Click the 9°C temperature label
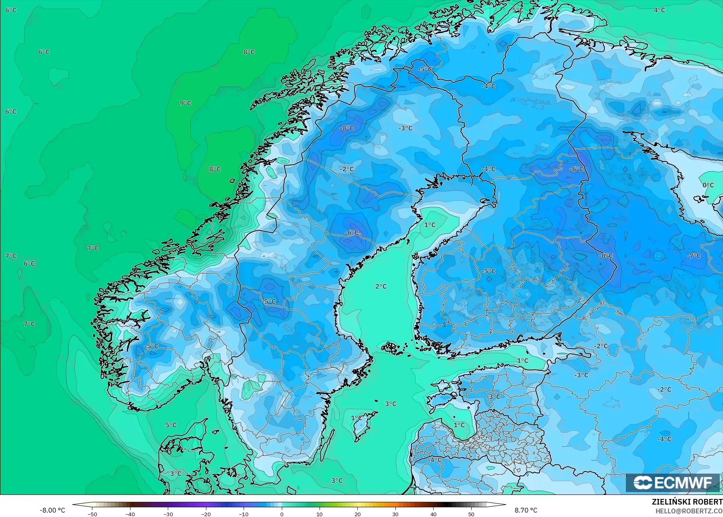coord(185,103)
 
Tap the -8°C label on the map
coord(347,128)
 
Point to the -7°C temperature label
coord(694,255)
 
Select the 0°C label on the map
coord(708,185)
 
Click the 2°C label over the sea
coord(381,286)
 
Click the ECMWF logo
coord(672,483)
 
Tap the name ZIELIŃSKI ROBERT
coord(687,502)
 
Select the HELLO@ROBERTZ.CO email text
coord(689,511)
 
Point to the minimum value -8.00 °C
coord(52,510)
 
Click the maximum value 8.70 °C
coord(526,510)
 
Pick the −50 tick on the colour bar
coord(92,514)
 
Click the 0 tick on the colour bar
coord(282,514)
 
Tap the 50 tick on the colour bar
coord(471,514)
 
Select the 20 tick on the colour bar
coord(358,514)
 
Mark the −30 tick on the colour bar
coord(168,514)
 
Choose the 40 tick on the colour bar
coord(434,514)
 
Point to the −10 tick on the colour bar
coord(244,514)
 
